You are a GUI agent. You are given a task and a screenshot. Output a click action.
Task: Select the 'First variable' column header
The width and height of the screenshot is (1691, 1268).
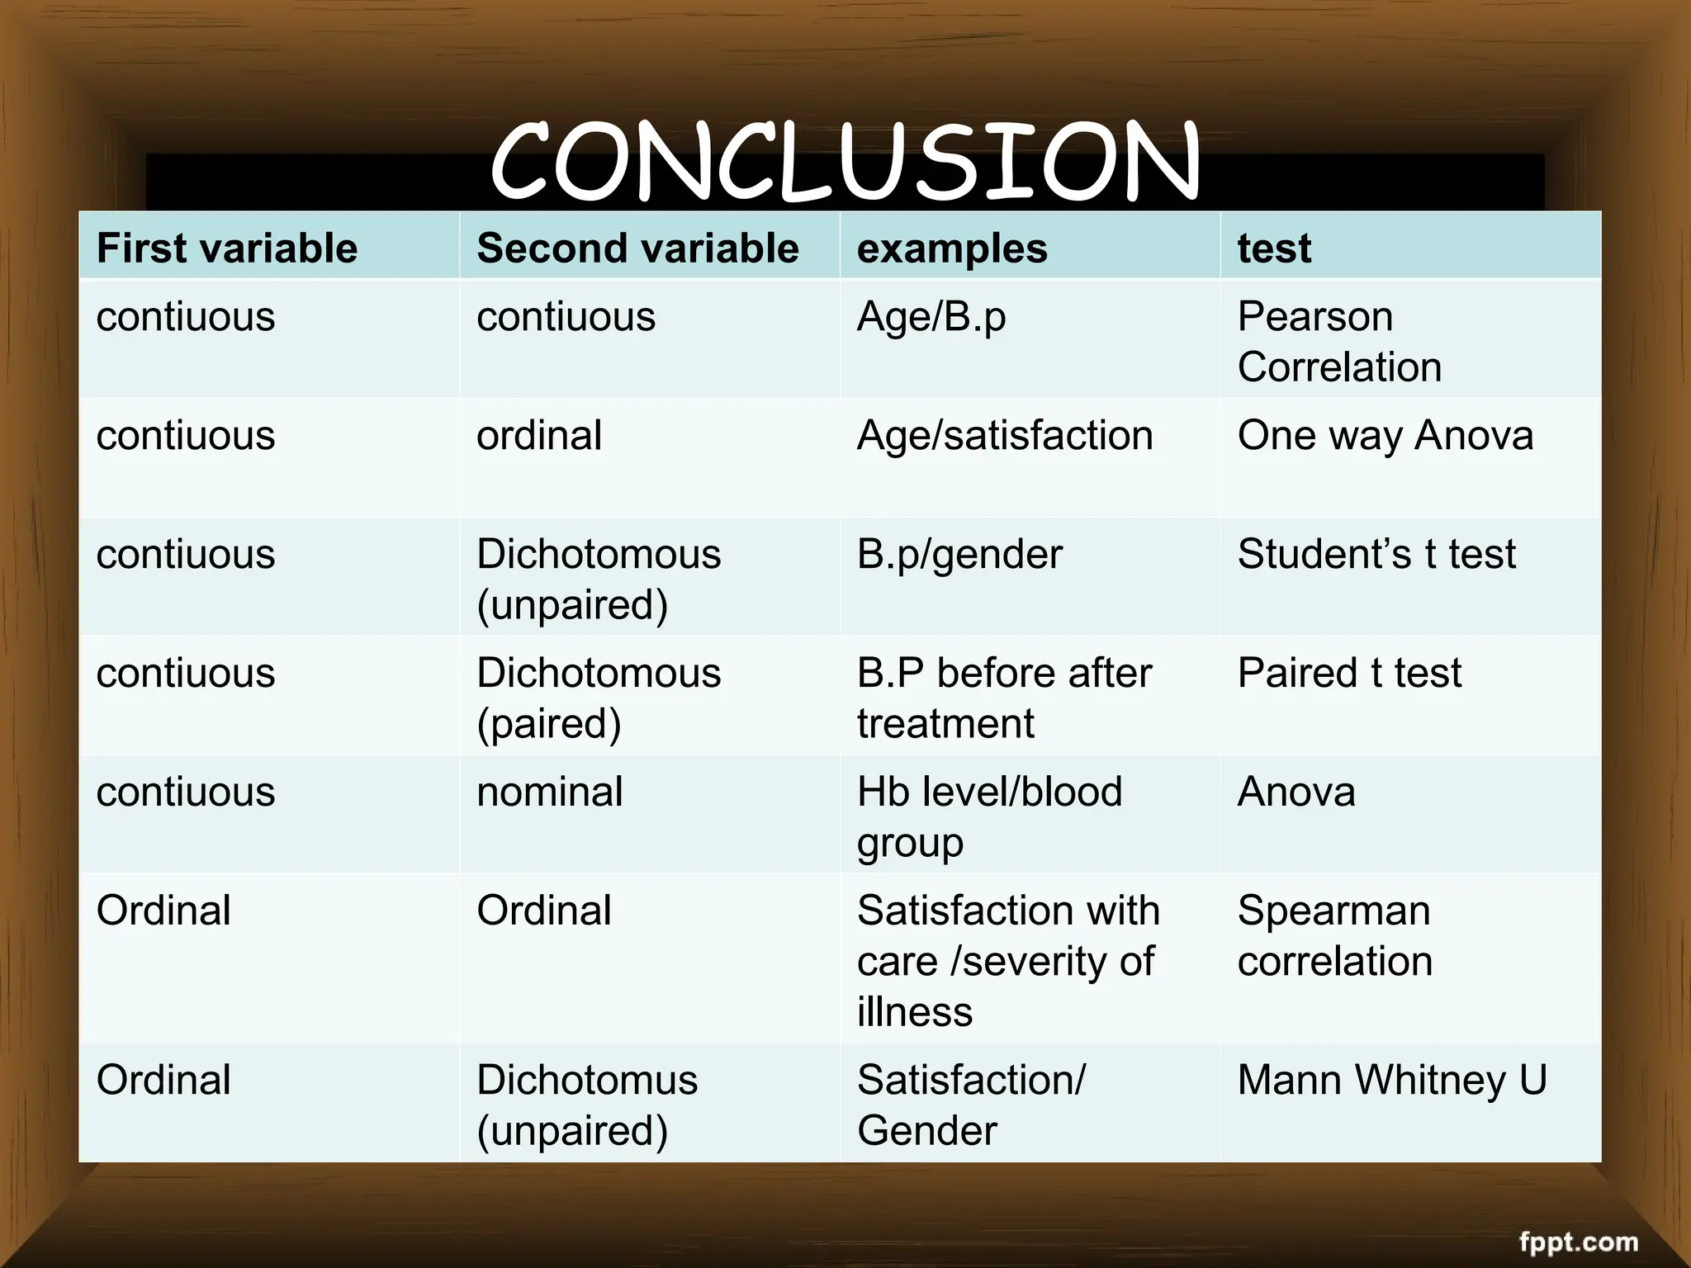pos(227,248)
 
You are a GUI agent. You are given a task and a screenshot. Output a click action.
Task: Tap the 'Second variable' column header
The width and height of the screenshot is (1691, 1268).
pos(637,248)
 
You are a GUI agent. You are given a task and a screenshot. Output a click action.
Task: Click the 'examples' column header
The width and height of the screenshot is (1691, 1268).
pos(952,248)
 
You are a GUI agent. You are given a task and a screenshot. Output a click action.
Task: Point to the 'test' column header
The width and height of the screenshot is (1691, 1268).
pos(1274,248)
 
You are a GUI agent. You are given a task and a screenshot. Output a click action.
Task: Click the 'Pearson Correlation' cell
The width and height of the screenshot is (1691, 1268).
pos(1339,341)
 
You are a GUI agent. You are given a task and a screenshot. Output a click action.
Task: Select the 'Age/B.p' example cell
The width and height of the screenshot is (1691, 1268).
pos(931,317)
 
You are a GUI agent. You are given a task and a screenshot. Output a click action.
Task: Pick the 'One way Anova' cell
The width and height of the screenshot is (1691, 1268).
pos(1385,435)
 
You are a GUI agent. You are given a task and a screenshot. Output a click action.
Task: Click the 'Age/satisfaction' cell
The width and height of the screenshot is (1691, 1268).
pos(1005,435)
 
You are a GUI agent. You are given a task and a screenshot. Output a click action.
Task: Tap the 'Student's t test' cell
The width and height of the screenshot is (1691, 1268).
pos(1376,554)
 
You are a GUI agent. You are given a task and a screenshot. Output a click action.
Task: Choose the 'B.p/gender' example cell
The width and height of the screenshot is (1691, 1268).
pos(959,554)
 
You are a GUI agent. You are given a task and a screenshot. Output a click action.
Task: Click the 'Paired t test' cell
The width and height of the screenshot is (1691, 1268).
pos(1349,673)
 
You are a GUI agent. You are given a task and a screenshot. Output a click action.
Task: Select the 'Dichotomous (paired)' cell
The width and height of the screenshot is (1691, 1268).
pos(599,698)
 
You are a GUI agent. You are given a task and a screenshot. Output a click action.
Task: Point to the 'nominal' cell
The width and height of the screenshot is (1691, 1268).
pos(549,792)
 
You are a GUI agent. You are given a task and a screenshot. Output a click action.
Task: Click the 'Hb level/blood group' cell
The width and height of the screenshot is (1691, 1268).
pos(989,816)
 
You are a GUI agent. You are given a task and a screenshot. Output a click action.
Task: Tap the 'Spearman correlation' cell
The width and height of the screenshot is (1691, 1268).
pos(1334,935)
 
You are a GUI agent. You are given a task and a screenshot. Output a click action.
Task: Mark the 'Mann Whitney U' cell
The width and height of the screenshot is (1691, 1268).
pos(1392,1080)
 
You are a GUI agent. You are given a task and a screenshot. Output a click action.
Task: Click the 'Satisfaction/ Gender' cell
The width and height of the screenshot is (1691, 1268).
pos(971,1105)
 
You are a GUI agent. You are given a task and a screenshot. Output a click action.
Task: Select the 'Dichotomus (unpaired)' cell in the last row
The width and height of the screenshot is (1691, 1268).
pos(587,1105)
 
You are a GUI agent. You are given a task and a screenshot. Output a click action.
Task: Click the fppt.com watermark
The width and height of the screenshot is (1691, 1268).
pos(1578,1242)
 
